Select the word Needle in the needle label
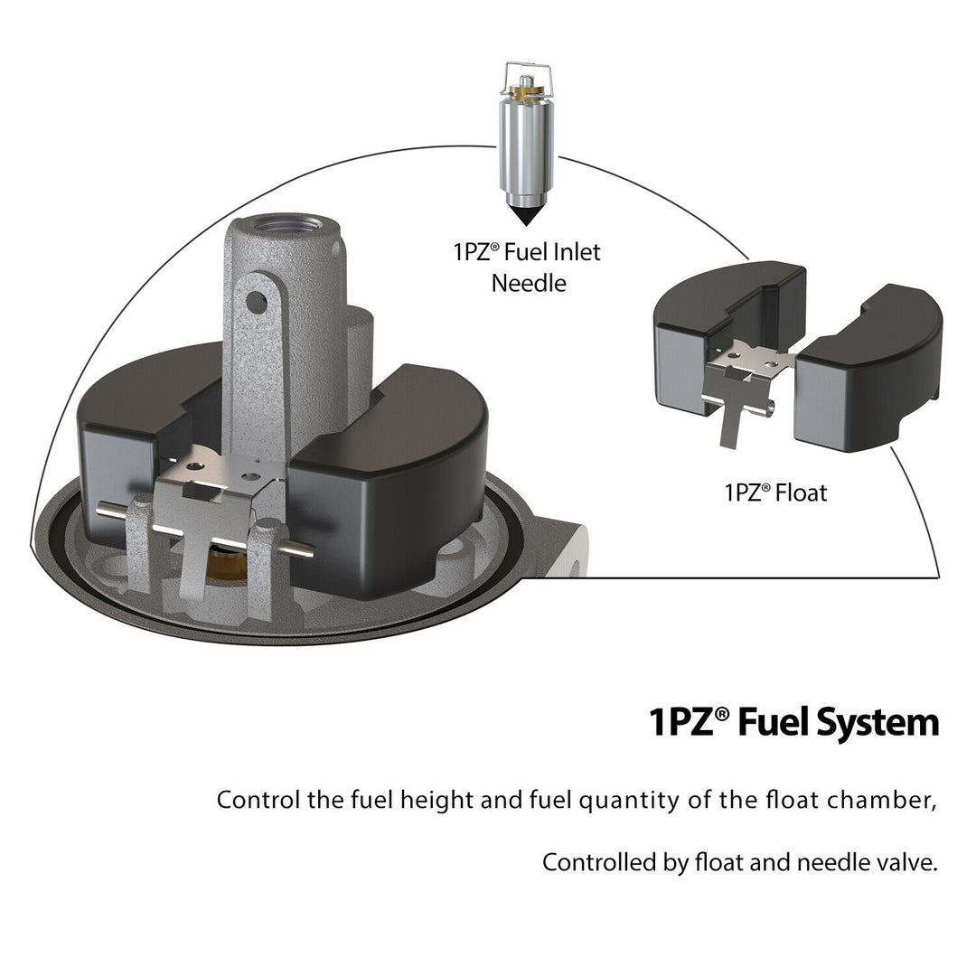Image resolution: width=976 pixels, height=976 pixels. [529, 283]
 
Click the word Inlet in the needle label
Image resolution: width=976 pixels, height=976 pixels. [577, 252]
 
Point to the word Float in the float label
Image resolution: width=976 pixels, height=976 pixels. [801, 493]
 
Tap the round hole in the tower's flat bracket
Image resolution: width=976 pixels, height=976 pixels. [257, 303]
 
